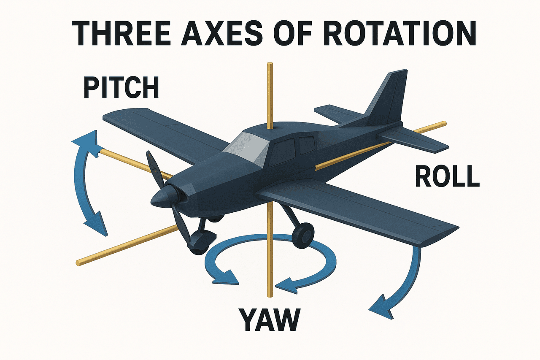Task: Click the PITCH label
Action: tap(121, 87)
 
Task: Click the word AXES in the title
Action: tap(221, 33)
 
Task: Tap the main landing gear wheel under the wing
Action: tap(303, 234)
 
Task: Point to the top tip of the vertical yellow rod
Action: tap(270, 64)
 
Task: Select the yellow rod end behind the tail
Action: tap(444, 124)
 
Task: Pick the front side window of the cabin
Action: tap(281, 152)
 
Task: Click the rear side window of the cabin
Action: tap(307, 145)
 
